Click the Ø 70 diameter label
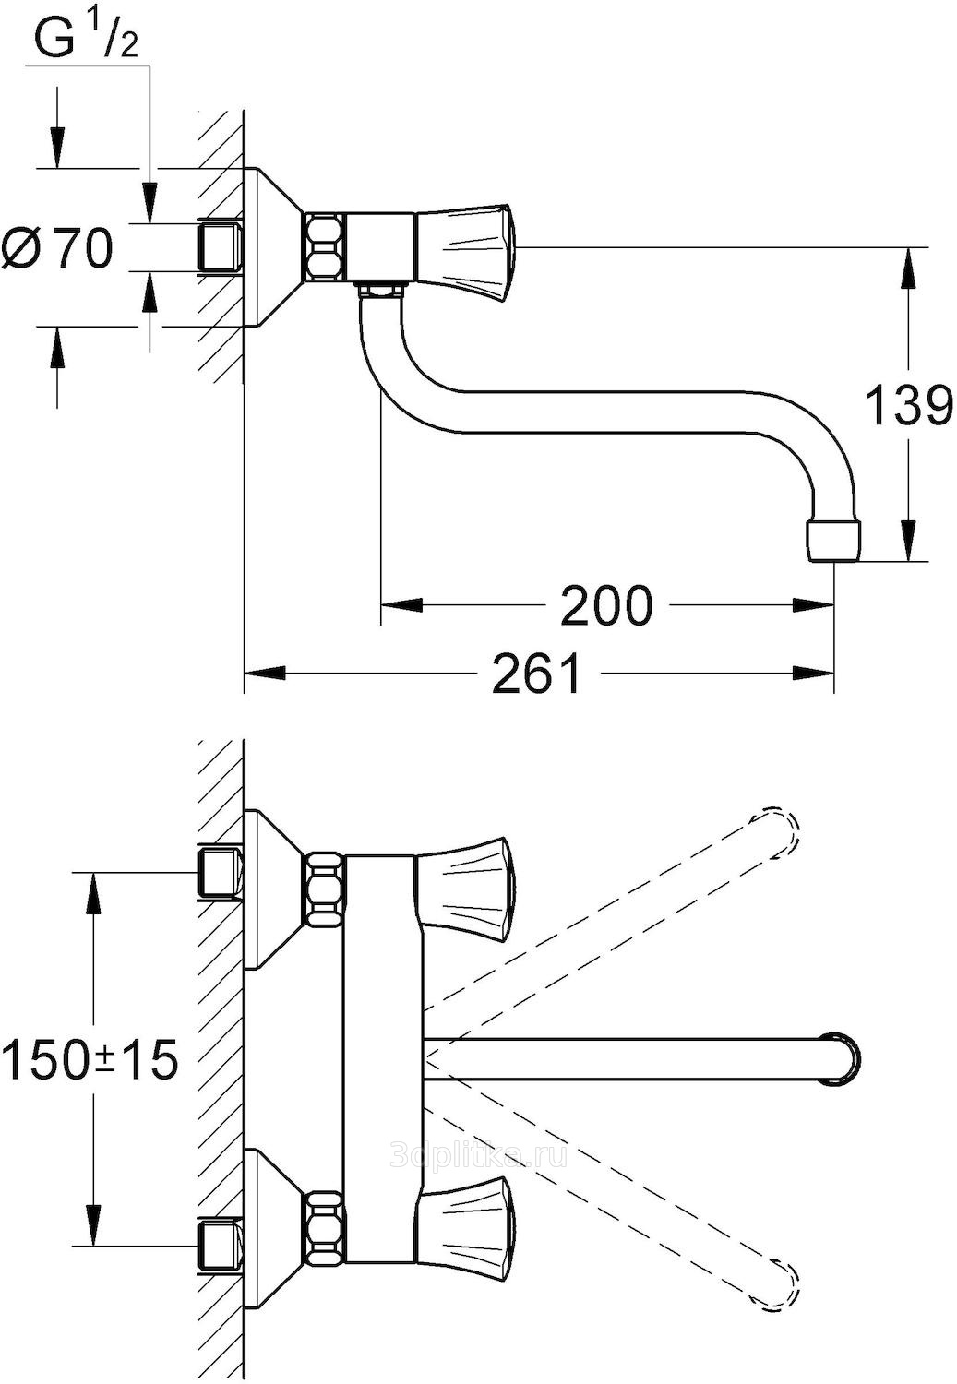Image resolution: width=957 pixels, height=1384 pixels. tap(57, 248)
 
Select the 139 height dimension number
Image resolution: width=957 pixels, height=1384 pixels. tap(907, 405)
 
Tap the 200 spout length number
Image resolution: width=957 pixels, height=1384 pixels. tap(605, 605)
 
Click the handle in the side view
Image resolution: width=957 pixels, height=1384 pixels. tap(468, 253)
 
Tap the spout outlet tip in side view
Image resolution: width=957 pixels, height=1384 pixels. tap(834, 542)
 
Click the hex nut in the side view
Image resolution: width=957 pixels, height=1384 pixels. tap(324, 246)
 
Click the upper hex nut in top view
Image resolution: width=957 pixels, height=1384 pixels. tap(324, 889)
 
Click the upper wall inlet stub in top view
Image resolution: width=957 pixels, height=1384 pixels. tap(221, 874)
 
